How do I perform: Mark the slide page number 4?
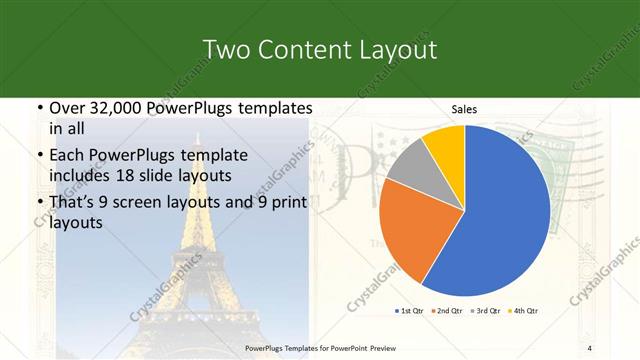point(590,347)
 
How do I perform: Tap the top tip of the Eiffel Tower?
point(197,133)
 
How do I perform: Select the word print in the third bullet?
point(286,203)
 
